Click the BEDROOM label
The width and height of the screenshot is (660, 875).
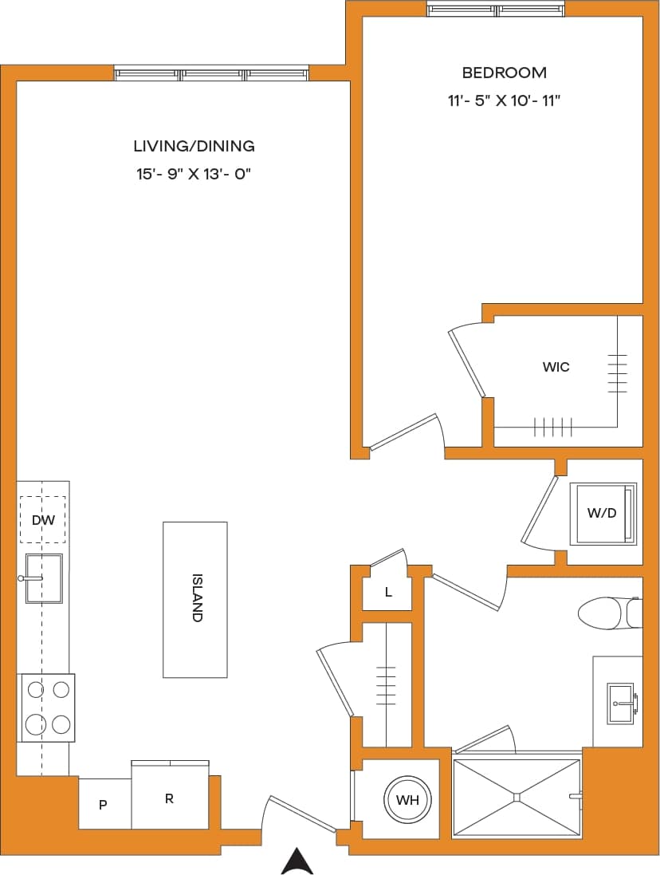coord(504,73)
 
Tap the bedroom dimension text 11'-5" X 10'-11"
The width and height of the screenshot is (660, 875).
coord(504,101)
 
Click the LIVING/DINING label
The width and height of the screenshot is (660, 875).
coord(194,146)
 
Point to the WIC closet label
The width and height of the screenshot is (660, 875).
coord(556,368)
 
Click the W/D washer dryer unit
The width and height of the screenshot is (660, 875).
coord(603,514)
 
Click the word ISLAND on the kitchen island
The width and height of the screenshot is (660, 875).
coord(196,598)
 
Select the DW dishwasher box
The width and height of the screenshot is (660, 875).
coord(43,520)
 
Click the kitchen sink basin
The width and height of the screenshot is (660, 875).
coord(44,578)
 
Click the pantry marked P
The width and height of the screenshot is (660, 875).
coord(104,805)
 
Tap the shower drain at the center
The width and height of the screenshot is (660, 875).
coord(517,795)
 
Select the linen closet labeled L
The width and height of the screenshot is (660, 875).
coord(388,592)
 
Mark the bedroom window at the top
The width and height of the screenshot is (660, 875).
coord(497,10)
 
